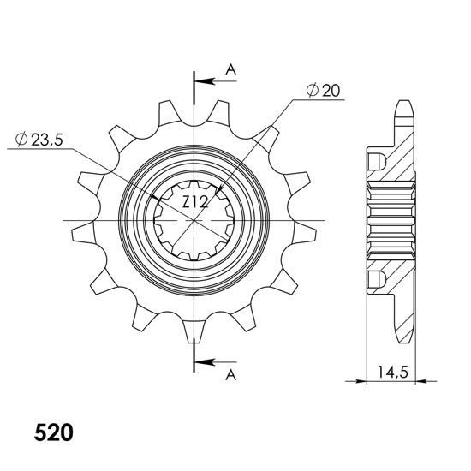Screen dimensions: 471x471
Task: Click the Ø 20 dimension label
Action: point(323,90)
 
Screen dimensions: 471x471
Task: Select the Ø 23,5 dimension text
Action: point(39,140)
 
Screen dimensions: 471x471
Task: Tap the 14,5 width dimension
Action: point(393,373)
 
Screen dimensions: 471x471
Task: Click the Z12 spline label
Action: point(195,202)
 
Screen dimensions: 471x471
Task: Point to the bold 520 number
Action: point(53,432)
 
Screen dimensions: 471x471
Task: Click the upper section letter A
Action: point(230,69)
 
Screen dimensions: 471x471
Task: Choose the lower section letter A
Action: point(230,375)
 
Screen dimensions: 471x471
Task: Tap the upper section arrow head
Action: point(206,81)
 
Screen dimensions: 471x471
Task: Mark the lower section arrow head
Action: point(206,362)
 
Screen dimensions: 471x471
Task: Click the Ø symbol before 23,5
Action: point(21,140)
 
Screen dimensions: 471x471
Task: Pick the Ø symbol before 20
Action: point(313,90)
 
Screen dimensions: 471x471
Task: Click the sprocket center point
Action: point(194,221)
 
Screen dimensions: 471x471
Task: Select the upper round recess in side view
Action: point(377,161)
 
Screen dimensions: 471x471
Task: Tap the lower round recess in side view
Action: point(377,279)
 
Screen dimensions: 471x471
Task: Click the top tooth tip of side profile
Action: point(404,101)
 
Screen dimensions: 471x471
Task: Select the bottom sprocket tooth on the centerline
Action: point(194,331)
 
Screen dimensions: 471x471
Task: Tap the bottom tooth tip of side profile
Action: point(404,342)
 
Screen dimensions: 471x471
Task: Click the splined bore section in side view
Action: point(391,221)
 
